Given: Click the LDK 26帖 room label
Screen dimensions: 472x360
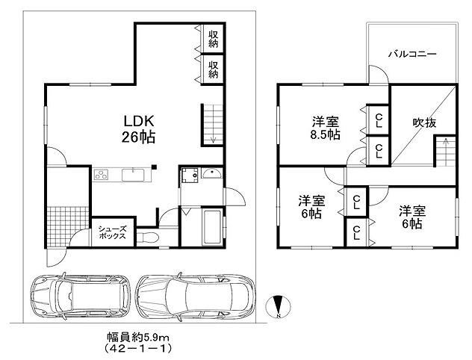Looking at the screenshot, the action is tap(138, 129).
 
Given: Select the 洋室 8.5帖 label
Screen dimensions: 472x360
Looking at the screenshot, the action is tap(326, 128).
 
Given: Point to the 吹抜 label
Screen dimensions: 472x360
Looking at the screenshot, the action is tap(424, 122).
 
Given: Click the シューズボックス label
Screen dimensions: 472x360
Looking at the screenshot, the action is tap(112, 233).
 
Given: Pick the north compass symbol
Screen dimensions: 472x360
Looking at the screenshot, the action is tap(279, 307).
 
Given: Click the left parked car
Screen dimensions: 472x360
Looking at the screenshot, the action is tap(81, 295).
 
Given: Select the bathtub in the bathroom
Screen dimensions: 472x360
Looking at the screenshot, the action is tap(213, 227).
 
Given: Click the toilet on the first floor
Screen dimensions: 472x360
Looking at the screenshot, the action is tap(148, 238).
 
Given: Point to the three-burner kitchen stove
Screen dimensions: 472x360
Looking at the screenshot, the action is tap(101, 175).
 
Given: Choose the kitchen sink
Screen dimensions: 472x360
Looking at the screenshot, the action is tap(133, 175).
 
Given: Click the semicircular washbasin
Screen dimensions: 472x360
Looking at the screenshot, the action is tap(212, 174).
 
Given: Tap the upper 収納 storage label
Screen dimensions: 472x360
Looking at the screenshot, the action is tap(214, 39).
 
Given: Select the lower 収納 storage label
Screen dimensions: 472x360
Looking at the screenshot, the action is tap(214, 69).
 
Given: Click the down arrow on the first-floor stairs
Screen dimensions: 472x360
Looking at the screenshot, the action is tap(213, 139).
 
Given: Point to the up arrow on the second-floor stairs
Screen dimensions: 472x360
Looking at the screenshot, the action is tap(445, 141).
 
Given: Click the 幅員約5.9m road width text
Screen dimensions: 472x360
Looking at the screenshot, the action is tap(138, 337).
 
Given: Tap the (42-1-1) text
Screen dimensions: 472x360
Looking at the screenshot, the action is tap(138, 348).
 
